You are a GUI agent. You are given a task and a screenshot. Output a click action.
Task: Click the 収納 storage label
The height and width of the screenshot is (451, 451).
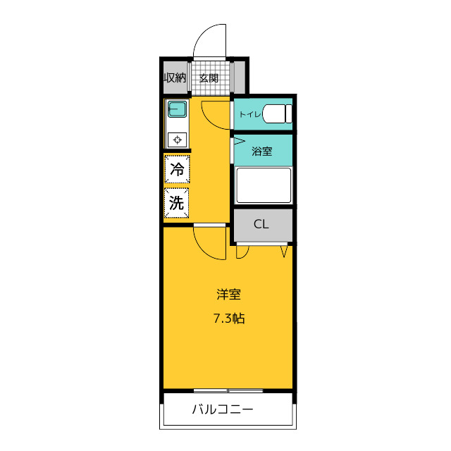(175, 78)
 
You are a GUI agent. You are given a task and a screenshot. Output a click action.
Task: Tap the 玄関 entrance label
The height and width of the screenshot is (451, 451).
(209, 78)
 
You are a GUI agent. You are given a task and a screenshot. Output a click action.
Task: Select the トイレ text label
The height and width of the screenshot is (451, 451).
(250, 114)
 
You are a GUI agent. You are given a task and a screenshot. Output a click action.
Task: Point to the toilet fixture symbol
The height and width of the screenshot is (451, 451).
(277, 114)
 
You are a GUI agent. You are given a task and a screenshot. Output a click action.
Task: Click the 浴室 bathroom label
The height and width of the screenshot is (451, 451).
(262, 151)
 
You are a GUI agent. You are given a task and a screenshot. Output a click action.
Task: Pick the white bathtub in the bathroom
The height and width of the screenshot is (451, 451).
(264, 185)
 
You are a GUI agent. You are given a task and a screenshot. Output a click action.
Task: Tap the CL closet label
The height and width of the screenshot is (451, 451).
(261, 224)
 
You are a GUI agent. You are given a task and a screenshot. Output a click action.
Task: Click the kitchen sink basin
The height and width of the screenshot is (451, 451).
(177, 109)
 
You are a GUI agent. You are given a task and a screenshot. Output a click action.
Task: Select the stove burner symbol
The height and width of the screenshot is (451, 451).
(177, 140)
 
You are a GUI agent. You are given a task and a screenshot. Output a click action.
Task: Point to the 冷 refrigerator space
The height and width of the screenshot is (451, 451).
(177, 169)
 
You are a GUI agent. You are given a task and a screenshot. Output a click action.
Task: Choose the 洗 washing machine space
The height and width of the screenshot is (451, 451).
(177, 203)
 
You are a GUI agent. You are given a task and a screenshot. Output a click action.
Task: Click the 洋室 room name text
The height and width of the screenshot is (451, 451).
(228, 295)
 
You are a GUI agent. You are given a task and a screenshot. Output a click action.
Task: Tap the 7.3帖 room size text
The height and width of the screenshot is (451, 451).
(229, 319)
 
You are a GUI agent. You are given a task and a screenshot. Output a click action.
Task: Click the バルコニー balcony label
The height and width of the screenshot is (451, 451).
(223, 409)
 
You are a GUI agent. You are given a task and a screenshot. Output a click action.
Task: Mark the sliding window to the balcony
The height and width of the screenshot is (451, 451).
(228, 390)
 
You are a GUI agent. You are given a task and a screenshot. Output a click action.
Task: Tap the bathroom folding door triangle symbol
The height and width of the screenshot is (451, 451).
(240, 141)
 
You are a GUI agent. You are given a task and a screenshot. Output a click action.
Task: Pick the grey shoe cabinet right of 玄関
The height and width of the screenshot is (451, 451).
(240, 77)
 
